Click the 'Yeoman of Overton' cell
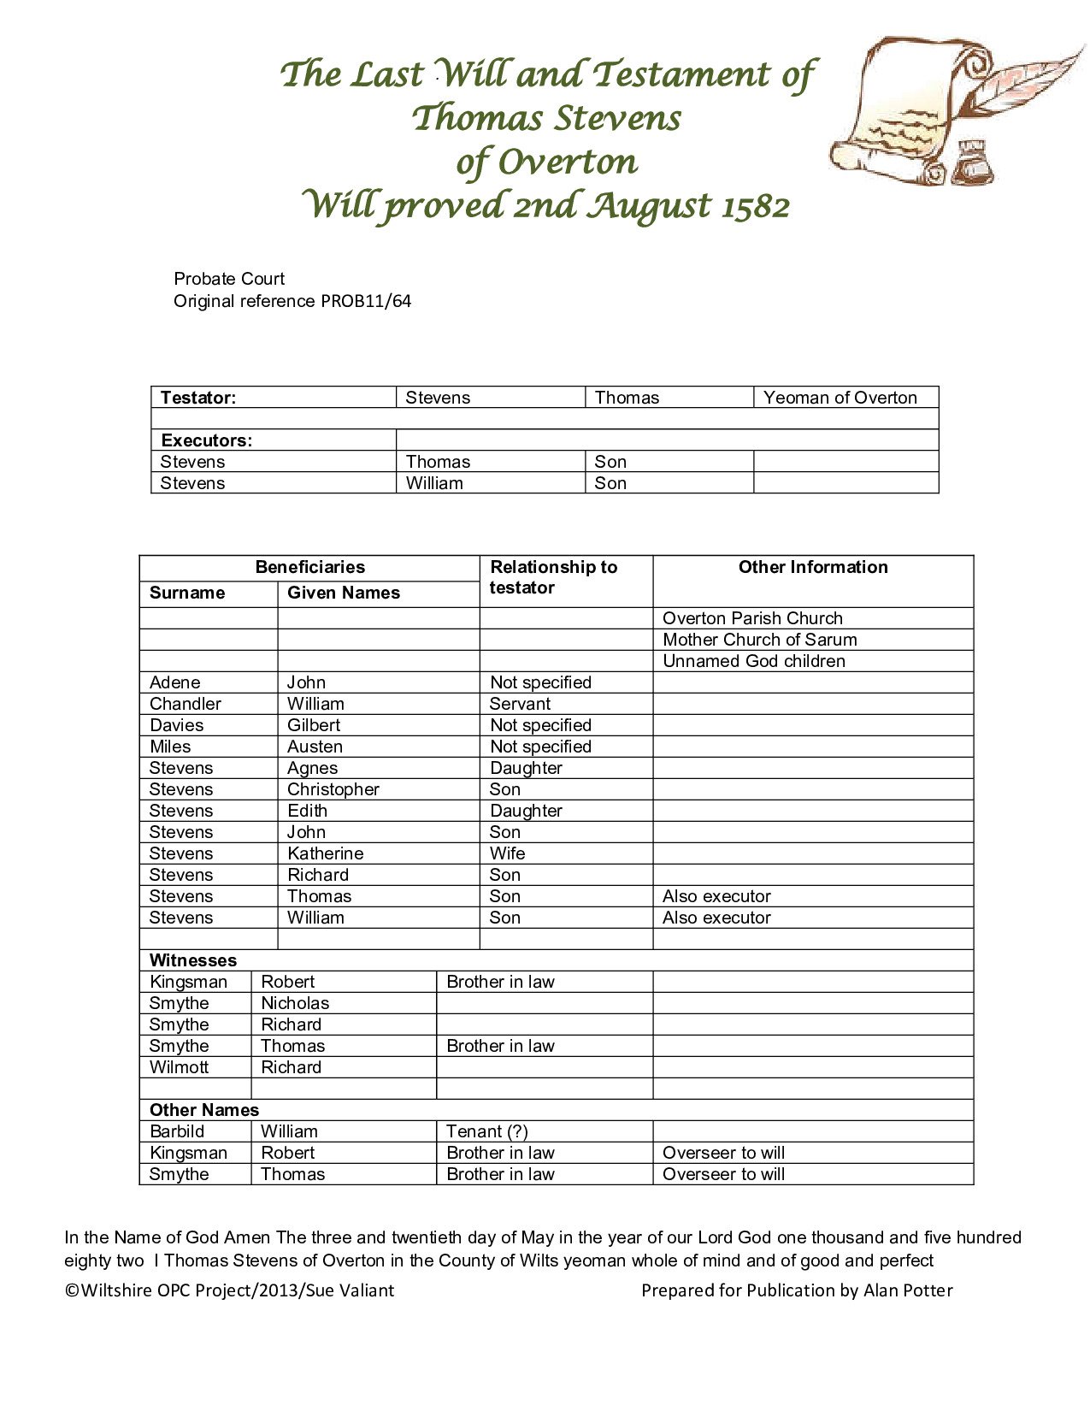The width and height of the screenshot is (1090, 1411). [840, 398]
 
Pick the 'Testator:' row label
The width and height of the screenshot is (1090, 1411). [198, 398]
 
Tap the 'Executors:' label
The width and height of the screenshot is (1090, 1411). [206, 440]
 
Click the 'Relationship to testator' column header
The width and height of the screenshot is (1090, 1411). [553, 577]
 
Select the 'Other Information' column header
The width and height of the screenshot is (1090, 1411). [812, 567]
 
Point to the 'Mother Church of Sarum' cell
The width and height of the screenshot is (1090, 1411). [759, 640]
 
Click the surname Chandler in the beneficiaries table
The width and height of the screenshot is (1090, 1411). [185, 704]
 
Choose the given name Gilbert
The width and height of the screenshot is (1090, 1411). [313, 725]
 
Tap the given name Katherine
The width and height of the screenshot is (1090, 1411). [325, 853]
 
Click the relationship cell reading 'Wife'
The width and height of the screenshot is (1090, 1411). [507, 853]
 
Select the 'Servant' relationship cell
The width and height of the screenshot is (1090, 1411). [520, 704]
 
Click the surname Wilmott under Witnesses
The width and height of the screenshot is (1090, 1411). [179, 1067]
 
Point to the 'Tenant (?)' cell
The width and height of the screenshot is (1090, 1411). [486, 1131]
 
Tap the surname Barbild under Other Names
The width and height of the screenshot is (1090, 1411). [177, 1131]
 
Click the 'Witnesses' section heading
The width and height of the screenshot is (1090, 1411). [192, 960]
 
